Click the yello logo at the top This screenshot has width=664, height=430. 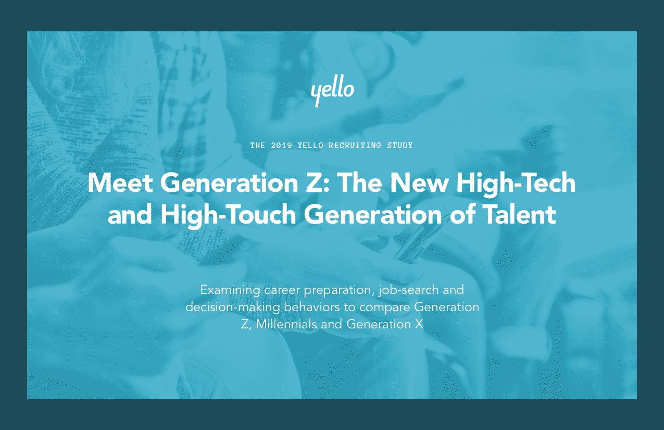click(332, 91)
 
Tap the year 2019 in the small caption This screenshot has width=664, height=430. click(281, 145)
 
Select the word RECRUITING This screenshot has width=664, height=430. click(355, 145)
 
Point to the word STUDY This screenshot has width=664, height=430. click(399, 145)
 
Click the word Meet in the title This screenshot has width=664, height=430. click(120, 183)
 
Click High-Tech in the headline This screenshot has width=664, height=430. click(516, 184)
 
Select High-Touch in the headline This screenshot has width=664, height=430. click(228, 216)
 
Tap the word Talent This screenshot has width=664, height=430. click(519, 214)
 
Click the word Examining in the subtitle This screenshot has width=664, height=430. click(230, 290)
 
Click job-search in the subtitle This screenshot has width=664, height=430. click(408, 290)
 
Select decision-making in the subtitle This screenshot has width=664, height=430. click(233, 308)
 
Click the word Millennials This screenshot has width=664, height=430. click(286, 324)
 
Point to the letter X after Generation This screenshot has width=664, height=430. click(419, 324)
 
